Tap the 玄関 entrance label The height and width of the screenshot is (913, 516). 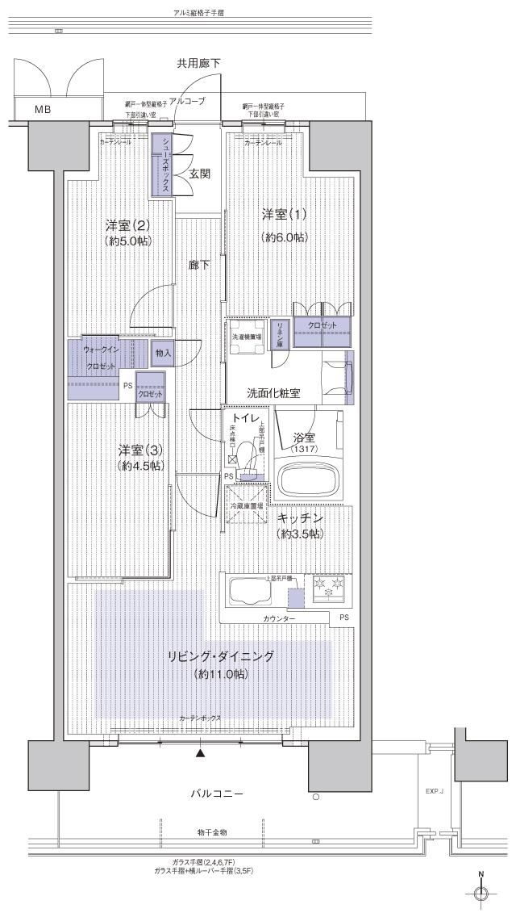point(201,173)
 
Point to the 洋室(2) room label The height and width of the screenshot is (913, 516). point(128,225)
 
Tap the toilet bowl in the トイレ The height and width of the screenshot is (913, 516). point(248,463)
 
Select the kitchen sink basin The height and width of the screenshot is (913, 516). point(249,592)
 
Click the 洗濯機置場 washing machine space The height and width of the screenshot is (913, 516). point(245,337)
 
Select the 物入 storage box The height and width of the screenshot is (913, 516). point(163,353)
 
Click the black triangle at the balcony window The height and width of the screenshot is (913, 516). point(201,754)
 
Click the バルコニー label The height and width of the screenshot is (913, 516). point(217,794)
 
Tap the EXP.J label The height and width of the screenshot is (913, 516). point(435,792)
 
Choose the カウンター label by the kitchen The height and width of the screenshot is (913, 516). point(278,618)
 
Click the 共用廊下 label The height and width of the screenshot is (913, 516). point(199,63)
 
